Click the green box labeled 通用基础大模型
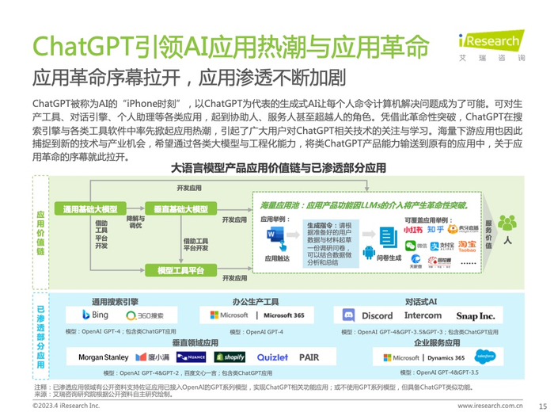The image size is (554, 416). [88, 209]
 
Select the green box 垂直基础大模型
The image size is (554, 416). [181, 209]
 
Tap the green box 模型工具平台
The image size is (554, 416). [181, 270]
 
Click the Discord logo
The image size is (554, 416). [368, 315]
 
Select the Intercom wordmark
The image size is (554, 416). [423, 315]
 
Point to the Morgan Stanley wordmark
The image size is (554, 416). [103, 357]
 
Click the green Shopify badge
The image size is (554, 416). [230, 357]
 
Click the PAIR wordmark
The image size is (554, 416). [309, 357]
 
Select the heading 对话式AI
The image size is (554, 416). [421, 301]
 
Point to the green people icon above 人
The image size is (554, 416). [507, 223]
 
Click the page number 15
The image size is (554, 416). [542, 404]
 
